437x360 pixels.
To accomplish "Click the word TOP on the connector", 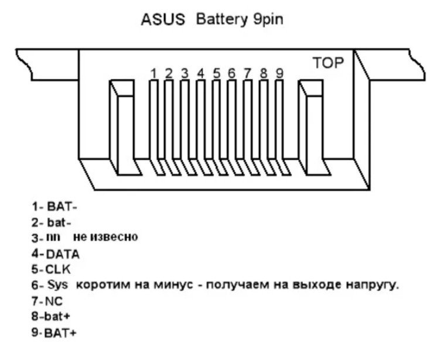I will tap(328, 63).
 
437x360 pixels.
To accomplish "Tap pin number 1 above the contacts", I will tap(153, 73).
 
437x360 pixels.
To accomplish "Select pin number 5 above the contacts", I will tap(217, 73).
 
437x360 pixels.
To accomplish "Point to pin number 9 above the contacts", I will tap(279, 73).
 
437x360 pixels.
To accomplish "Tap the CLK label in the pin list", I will tap(59, 270).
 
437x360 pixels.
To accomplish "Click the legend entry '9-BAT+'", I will tap(54, 333).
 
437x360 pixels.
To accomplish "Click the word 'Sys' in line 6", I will tap(58, 286).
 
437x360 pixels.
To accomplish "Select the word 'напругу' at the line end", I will tap(373, 286).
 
